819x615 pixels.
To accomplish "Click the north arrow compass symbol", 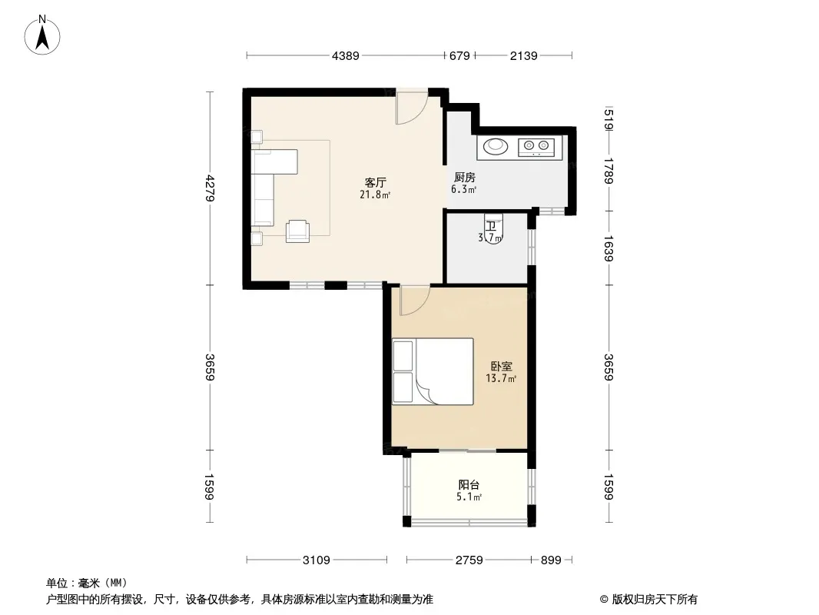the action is [x=42, y=35].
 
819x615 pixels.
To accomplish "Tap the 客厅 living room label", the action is [x=375, y=182].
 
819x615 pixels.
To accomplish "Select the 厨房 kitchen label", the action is [x=464, y=177].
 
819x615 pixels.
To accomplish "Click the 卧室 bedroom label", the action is [x=501, y=366].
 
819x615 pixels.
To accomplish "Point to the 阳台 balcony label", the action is [x=469, y=484].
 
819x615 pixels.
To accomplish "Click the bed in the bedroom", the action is [x=433, y=371].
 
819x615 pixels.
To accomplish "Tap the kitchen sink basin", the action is [x=496, y=146].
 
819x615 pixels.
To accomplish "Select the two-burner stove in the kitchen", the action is [x=536, y=146].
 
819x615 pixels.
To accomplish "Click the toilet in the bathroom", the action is [x=493, y=228].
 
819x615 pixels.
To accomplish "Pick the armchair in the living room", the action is [x=298, y=231].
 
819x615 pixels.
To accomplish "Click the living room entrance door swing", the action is [x=412, y=107].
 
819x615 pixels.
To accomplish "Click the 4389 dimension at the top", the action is [x=345, y=55].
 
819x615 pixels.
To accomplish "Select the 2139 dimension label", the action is [x=523, y=55].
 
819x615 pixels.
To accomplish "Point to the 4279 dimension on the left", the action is [x=210, y=188].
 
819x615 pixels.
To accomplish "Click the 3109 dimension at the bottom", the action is [x=317, y=560].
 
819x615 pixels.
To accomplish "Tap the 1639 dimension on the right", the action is [x=608, y=248].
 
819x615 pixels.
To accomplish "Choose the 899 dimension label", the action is [x=551, y=560].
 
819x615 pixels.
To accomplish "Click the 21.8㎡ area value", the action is [x=375, y=195].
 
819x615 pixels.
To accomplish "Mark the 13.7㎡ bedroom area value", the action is [x=501, y=378].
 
